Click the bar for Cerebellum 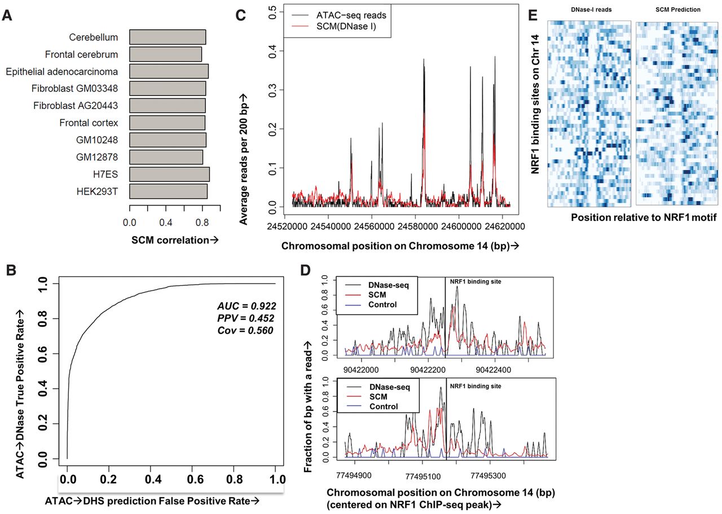point(168,37)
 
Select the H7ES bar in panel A point(169,173)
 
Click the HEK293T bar point(168,191)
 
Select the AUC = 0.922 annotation point(246,306)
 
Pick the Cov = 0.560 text point(245,330)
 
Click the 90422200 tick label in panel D point(428,369)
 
